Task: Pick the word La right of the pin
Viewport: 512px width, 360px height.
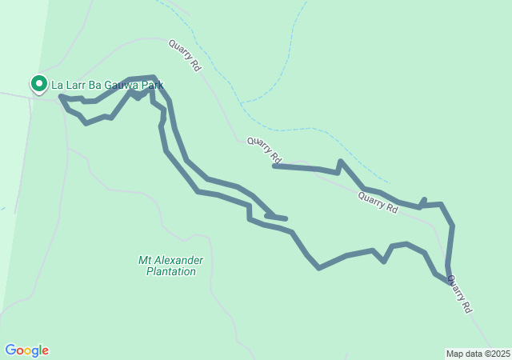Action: coord(58,85)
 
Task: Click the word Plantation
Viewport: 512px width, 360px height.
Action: coord(170,272)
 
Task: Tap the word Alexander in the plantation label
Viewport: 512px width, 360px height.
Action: coord(181,261)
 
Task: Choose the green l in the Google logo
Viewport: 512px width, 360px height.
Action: coord(40,350)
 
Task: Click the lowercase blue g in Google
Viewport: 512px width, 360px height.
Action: coord(34,352)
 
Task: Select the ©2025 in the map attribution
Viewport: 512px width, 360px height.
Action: coord(496,354)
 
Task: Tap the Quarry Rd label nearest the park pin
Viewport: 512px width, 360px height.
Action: coord(184,56)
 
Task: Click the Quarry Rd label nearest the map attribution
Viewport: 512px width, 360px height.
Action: coord(459,294)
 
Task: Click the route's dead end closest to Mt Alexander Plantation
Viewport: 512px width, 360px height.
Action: coord(285,218)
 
